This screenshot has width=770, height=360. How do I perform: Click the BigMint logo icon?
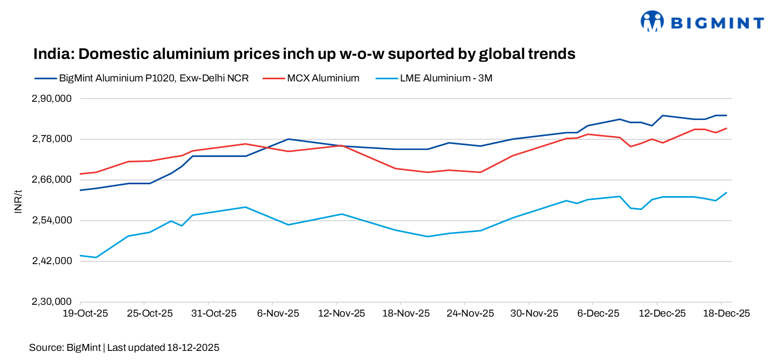652,21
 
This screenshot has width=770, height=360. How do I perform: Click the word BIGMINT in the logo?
718,22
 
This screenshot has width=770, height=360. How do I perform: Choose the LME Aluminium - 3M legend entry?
446,78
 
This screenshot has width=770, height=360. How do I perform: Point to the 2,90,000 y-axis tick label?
52,99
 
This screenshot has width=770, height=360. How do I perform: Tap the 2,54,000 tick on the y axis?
52,221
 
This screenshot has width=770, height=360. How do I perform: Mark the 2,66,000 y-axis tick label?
52,180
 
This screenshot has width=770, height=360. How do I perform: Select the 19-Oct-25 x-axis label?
86,313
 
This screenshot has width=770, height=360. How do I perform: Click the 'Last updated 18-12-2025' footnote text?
163,348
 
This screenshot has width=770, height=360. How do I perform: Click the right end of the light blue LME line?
727,192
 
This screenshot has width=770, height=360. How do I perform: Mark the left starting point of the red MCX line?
80,174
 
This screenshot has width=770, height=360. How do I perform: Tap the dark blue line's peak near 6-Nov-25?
289,139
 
